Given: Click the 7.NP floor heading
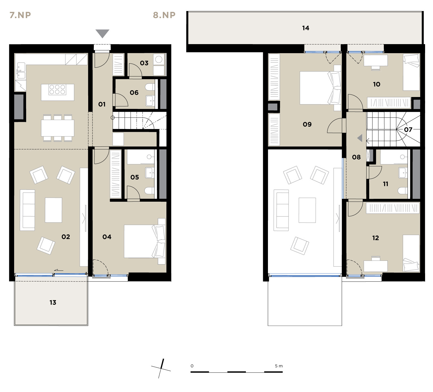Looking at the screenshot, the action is [x=20, y=15].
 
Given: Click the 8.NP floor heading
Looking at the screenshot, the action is [x=164, y=15].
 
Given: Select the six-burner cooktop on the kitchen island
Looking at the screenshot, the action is [x=57, y=89].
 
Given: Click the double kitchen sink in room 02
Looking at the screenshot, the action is [x=21, y=71].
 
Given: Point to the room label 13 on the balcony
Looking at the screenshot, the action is [x=53, y=303].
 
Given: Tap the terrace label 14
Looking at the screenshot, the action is [x=306, y=28].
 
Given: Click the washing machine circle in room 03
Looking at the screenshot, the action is [x=159, y=59].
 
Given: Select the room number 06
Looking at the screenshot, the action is [x=134, y=93].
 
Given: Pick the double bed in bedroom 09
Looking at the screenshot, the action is [x=321, y=88].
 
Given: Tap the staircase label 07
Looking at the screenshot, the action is [x=408, y=130].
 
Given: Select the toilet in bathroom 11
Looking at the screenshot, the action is [x=402, y=191].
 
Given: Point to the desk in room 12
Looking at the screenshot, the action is [x=376, y=266].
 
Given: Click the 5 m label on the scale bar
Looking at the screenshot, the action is [x=279, y=366].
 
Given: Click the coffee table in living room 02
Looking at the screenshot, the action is [x=53, y=210].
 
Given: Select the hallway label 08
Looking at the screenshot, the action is [x=356, y=157].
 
